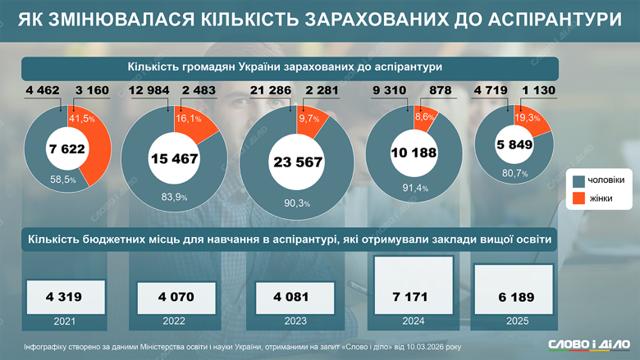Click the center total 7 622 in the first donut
coord(66,149)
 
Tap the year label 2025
coord(518,321)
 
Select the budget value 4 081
coord(296,296)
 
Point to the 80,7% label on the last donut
coord(514,174)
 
